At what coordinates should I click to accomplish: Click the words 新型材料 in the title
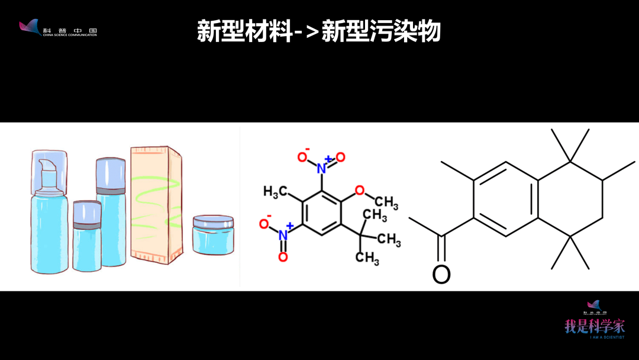pyautogui.click(x=245, y=31)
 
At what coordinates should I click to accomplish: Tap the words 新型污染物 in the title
pyautogui.click(x=381, y=31)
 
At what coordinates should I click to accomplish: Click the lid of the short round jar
pyautogui.click(x=213, y=223)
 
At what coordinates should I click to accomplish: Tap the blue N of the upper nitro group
pyautogui.click(x=321, y=168)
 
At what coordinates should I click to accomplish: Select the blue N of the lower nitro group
pyautogui.click(x=283, y=235)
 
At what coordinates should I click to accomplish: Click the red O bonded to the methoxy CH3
pyautogui.click(x=359, y=191)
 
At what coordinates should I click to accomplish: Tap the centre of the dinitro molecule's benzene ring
pyautogui.click(x=322, y=213)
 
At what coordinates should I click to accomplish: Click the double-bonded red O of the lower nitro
pyautogui.click(x=283, y=256)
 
